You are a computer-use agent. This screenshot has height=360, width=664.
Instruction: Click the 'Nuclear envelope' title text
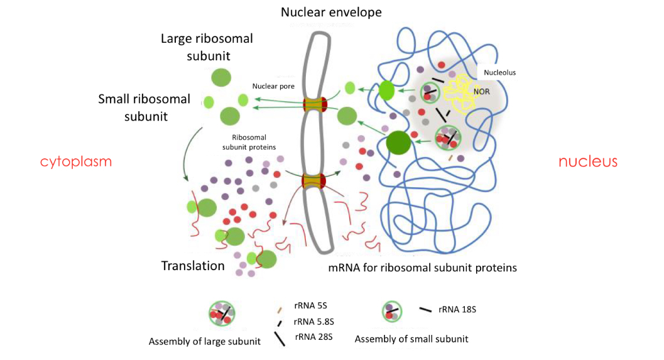[x=331, y=12]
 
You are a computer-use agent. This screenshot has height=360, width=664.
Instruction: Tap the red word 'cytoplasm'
[x=76, y=161]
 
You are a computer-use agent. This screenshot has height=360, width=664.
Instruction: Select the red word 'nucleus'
[x=588, y=161]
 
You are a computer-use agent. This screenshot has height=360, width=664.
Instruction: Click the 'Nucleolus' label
[x=499, y=72]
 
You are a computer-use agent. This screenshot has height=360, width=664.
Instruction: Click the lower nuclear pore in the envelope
[x=314, y=182]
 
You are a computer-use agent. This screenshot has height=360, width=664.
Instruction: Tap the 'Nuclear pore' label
[x=269, y=86]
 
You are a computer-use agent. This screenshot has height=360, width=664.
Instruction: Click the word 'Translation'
[x=193, y=266]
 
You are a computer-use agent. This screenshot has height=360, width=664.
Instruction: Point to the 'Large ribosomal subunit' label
[x=207, y=46]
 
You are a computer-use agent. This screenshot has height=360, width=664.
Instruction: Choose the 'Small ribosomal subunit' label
[x=144, y=107]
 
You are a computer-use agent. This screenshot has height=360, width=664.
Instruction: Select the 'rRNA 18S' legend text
[x=459, y=309]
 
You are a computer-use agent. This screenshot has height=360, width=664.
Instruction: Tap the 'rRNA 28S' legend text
[x=313, y=337]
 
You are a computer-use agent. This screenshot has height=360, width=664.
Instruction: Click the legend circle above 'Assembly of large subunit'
[x=222, y=314]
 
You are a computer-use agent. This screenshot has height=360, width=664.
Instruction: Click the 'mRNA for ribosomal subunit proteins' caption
[x=422, y=268]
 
